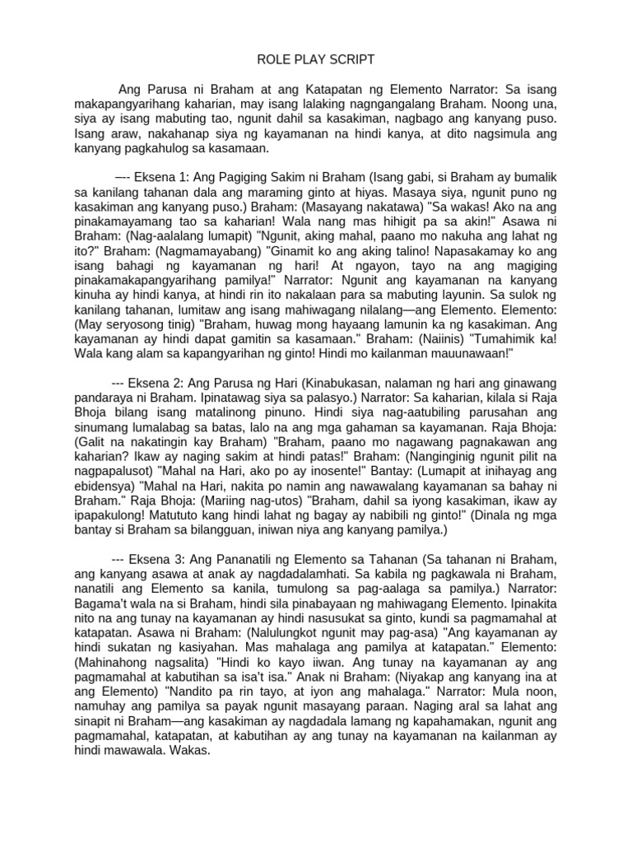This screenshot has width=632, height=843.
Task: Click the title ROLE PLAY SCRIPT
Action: [316, 59]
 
